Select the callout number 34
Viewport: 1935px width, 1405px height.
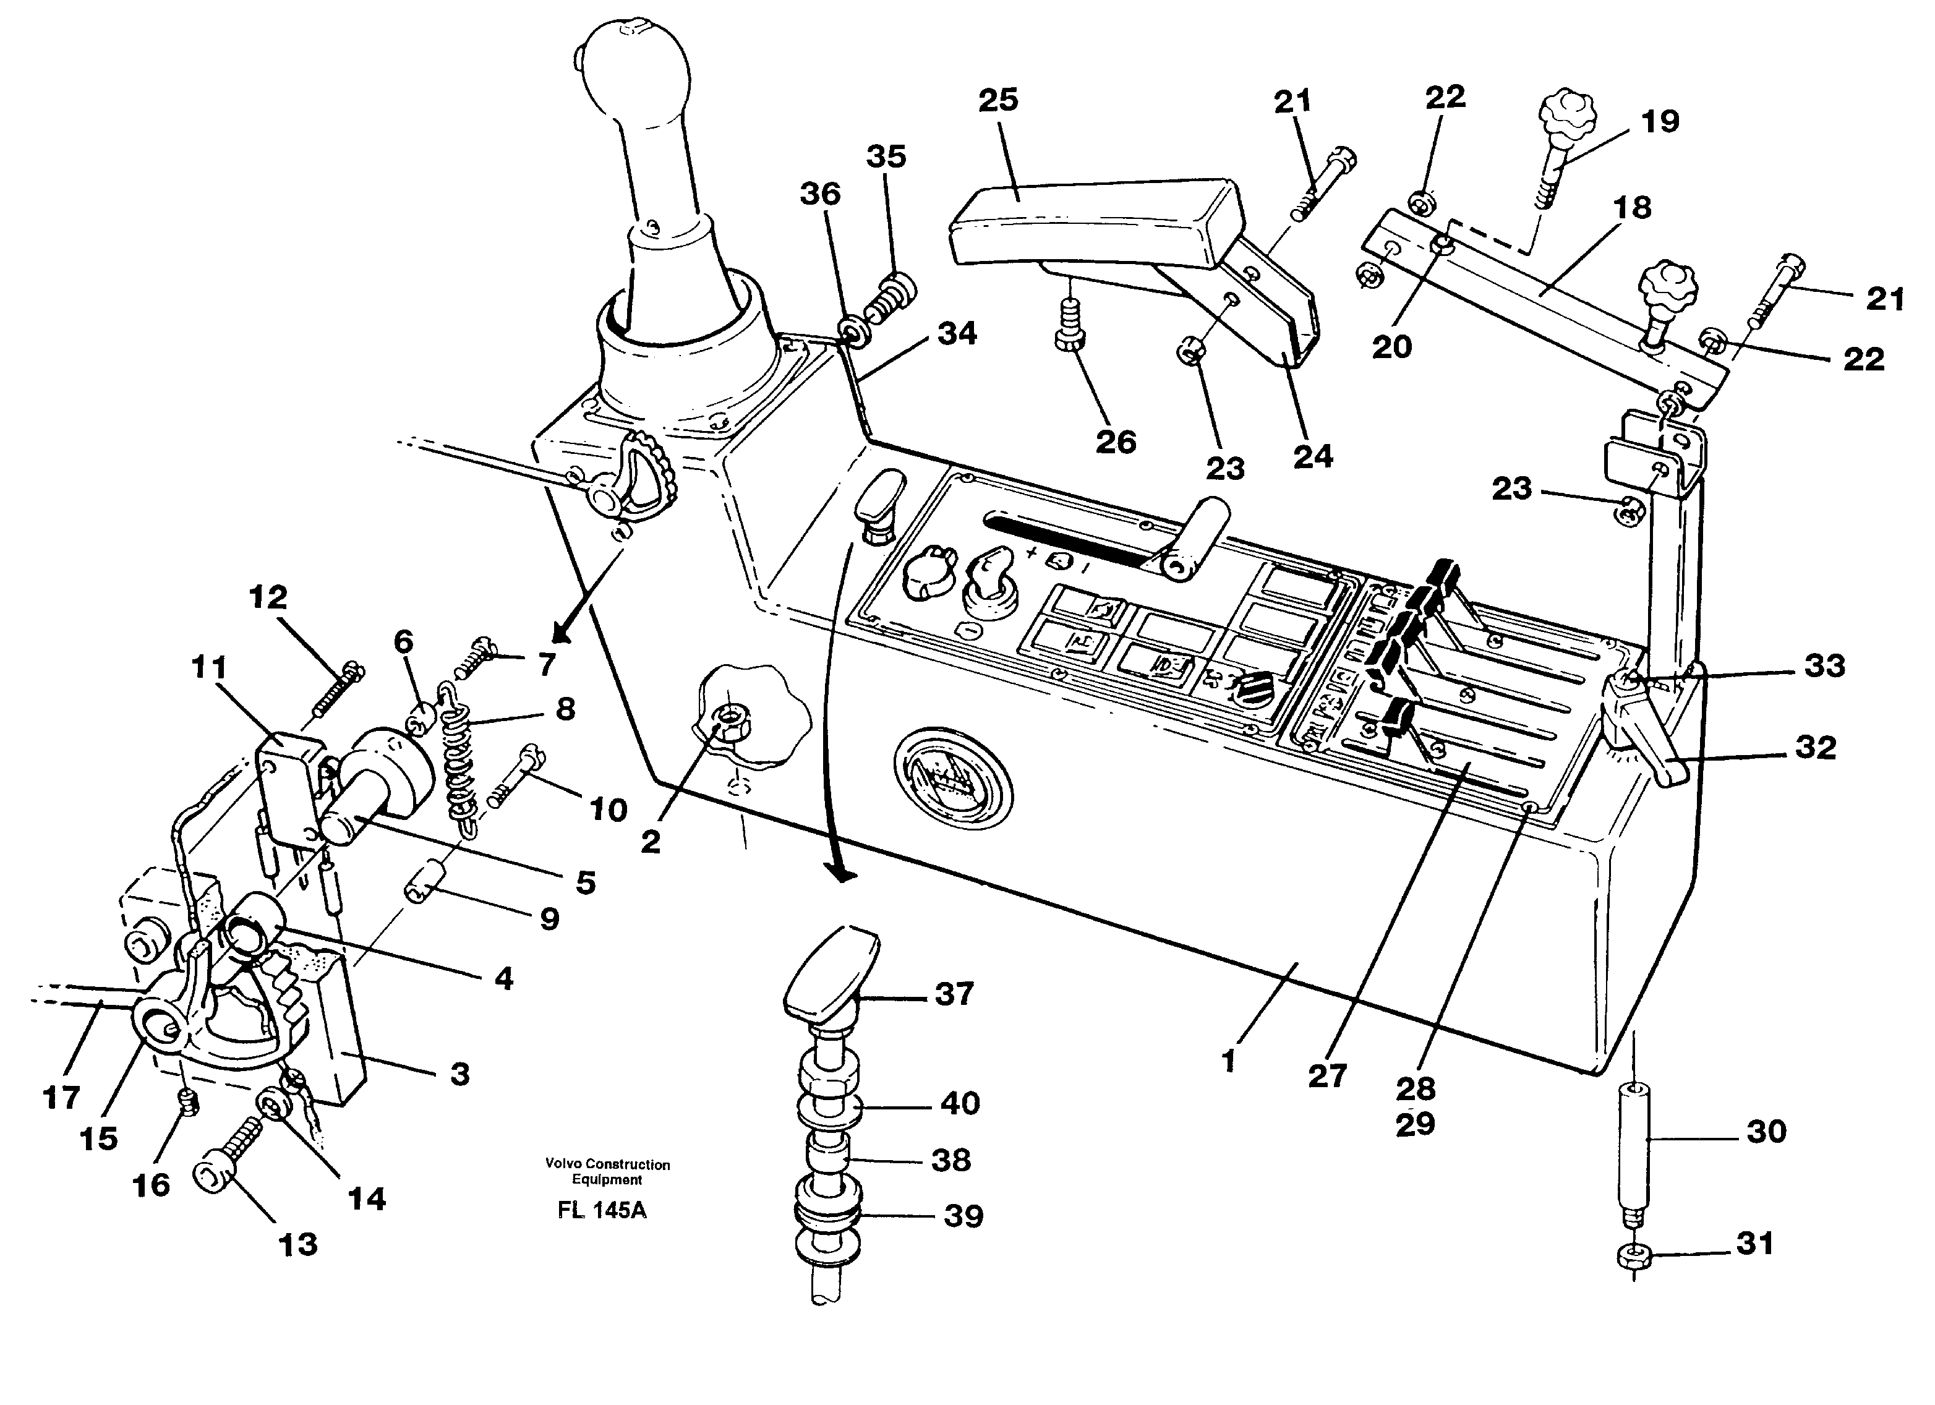pyautogui.click(x=957, y=333)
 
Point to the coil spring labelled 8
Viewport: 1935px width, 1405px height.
pyautogui.click(x=459, y=759)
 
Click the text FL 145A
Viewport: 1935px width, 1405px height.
pyautogui.click(x=602, y=1211)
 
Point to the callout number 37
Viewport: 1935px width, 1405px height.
pyautogui.click(x=954, y=994)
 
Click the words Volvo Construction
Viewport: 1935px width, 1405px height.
pyautogui.click(x=607, y=1164)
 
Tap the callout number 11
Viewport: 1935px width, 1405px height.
pyautogui.click(x=209, y=667)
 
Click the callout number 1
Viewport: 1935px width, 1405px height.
pyautogui.click(x=1229, y=1062)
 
